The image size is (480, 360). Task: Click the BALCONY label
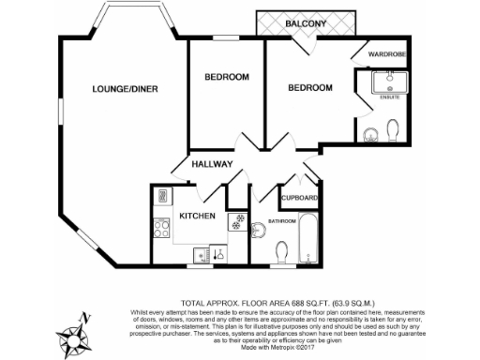tap(307, 21)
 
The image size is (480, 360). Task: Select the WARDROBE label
tap(385, 54)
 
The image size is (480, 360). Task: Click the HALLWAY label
tap(212, 164)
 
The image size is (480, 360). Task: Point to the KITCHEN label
tap(198, 217)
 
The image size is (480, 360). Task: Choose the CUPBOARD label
tap(300, 199)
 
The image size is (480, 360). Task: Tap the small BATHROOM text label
tap(282, 221)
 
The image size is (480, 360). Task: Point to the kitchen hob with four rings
tap(160, 226)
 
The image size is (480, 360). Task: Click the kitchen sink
tap(200, 253)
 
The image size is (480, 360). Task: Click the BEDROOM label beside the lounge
tap(226, 77)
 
